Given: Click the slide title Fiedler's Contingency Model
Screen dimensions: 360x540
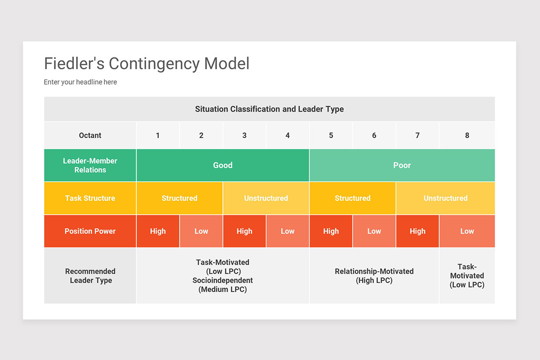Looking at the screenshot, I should (146, 63).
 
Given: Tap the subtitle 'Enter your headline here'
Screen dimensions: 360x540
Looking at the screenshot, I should (80, 82).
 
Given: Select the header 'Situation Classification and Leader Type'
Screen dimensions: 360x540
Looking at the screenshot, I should (269, 109).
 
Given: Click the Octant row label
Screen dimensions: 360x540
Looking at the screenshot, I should (90, 135).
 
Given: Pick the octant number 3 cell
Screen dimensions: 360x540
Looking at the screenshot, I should (244, 135).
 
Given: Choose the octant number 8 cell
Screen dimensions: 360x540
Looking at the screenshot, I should (467, 135).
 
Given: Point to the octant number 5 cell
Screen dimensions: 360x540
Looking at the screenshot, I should (331, 135).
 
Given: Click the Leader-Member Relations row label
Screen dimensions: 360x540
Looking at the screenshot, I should (90, 165).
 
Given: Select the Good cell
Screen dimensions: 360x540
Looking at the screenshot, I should (223, 165).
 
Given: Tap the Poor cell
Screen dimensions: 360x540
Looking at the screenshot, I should (402, 165).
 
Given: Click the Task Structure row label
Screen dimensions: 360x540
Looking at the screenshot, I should (90, 198).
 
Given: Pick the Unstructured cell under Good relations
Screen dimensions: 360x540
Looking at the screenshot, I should (266, 198).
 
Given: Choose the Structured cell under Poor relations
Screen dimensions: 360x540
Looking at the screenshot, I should (352, 198).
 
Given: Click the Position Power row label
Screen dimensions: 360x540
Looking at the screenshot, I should (90, 231).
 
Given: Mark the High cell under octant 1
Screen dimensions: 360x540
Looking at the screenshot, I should (158, 231).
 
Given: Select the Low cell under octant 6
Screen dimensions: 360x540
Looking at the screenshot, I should (374, 231).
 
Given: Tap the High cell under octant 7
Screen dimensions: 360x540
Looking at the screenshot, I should (417, 231).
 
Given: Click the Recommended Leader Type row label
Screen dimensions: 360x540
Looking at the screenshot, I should (90, 276).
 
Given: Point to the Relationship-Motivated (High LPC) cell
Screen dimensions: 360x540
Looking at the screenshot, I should (374, 276).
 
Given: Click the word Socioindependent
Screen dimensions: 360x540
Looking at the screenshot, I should (223, 280).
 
